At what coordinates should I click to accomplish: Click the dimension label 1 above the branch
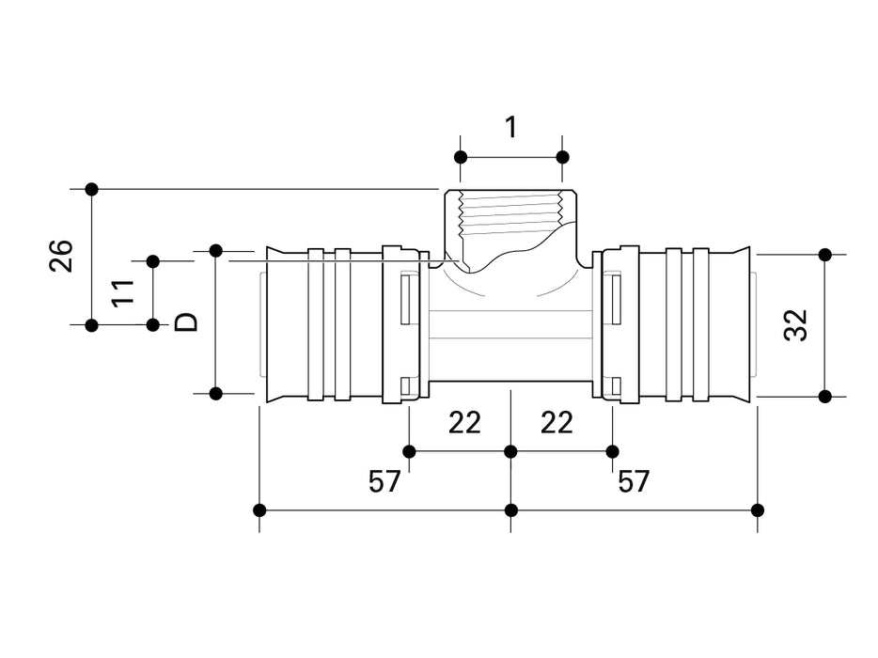(510, 127)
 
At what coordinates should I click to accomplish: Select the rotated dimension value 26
(62, 256)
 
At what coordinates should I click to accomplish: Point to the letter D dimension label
(187, 322)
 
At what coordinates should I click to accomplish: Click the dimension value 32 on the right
(796, 325)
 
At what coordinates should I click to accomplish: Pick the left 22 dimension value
(463, 423)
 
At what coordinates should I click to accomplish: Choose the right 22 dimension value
(557, 423)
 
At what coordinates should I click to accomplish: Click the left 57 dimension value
(384, 482)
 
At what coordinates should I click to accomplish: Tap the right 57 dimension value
(635, 482)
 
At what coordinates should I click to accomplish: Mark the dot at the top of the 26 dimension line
(91, 189)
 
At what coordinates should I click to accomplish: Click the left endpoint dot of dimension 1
(461, 156)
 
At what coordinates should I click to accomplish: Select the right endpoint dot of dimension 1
(562, 156)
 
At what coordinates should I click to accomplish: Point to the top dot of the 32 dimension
(825, 254)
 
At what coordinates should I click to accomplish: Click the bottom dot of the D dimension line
(215, 393)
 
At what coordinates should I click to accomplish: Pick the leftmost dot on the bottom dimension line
(260, 510)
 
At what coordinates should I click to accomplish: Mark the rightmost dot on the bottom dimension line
(759, 510)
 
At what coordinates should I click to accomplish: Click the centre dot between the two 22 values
(510, 451)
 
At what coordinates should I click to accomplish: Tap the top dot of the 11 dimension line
(152, 260)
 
